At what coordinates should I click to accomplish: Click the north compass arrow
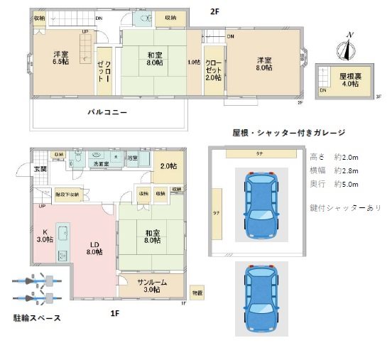click(347, 48)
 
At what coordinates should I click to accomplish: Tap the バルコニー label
click(107, 112)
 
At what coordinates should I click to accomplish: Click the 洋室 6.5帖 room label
click(60, 58)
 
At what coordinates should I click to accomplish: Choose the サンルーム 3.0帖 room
click(151, 285)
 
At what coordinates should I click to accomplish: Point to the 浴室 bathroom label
click(133, 158)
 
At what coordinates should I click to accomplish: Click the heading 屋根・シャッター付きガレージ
click(288, 133)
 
